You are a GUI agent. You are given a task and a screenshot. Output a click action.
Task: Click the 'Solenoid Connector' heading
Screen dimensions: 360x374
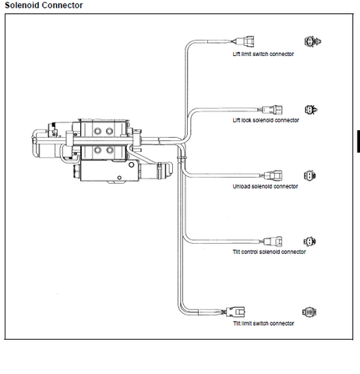[x=44, y=5]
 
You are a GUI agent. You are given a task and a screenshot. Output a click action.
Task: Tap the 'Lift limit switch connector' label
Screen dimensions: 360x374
[x=263, y=54]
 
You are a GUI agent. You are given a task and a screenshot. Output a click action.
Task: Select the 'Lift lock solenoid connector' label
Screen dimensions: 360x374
[x=266, y=120]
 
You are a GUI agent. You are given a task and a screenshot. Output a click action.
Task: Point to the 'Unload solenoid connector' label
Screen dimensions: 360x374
[x=265, y=186]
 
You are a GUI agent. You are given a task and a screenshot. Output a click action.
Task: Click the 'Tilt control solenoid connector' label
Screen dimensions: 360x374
[x=269, y=252]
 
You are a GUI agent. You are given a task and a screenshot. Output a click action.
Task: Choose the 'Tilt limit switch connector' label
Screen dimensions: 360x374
[x=263, y=323]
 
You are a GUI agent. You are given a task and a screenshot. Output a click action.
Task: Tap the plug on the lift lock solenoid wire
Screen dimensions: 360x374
[x=272, y=110]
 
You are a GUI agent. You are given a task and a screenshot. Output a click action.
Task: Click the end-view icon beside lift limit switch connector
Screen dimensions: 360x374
[x=312, y=41]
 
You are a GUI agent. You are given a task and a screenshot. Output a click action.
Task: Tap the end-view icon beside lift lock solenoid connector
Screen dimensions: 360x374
[x=311, y=110]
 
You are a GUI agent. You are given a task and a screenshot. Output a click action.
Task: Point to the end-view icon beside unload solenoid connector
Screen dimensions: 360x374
[x=310, y=175]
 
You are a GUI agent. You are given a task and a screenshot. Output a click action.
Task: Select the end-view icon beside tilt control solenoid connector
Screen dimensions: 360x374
[x=309, y=242]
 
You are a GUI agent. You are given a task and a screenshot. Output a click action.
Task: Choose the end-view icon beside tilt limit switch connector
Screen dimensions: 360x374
[x=309, y=312]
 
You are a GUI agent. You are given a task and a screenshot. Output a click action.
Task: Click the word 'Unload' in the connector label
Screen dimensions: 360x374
[x=242, y=186]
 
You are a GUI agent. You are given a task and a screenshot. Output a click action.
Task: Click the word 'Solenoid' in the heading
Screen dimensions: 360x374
[x=23, y=5]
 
